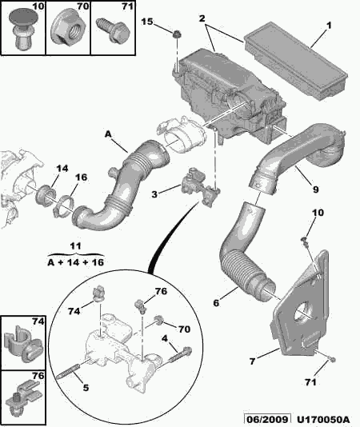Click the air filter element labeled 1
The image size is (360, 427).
[296, 61]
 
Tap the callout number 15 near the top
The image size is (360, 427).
[147, 22]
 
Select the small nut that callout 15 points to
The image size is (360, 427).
[177, 34]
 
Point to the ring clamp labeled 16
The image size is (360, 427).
[64, 206]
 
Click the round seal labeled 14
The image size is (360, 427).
[46, 196]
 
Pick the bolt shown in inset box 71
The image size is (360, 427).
[113, 30]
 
